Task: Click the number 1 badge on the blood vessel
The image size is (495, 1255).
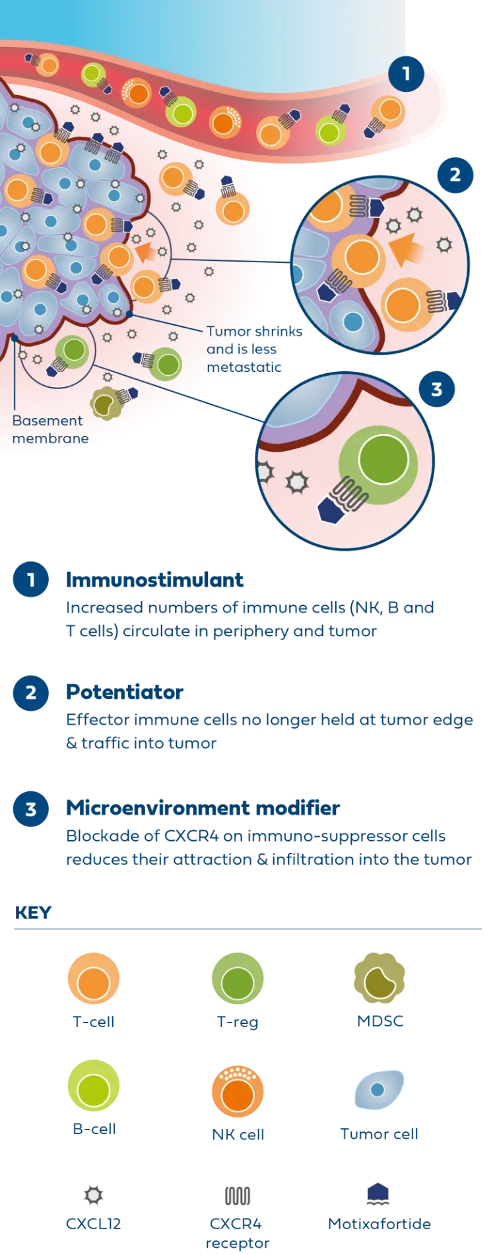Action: coord(406,73)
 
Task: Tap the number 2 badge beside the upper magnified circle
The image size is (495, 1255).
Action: coord(454,176)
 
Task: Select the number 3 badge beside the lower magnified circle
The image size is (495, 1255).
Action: coord(436,389)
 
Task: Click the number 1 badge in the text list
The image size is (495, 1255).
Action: coord(30,581)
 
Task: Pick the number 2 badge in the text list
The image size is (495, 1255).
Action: coord(30,693)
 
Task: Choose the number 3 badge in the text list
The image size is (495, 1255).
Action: coord(30,809)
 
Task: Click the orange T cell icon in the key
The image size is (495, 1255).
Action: coord(93,980)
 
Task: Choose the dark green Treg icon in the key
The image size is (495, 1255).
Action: coord(238,980)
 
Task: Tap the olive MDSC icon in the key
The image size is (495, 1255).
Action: coord(379,980)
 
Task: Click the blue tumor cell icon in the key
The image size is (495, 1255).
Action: coord(379,1090)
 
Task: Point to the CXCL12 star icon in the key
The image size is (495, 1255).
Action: coord(93,1196)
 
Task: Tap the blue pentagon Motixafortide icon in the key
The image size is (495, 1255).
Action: coord(378,1194)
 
